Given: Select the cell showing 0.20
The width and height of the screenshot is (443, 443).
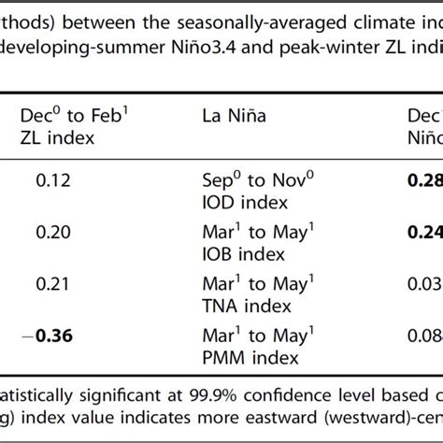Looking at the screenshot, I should click(54, 229).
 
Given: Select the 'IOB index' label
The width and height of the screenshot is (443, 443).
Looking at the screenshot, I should click(235, 253).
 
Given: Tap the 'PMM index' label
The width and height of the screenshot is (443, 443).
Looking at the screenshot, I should click(237, 358).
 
